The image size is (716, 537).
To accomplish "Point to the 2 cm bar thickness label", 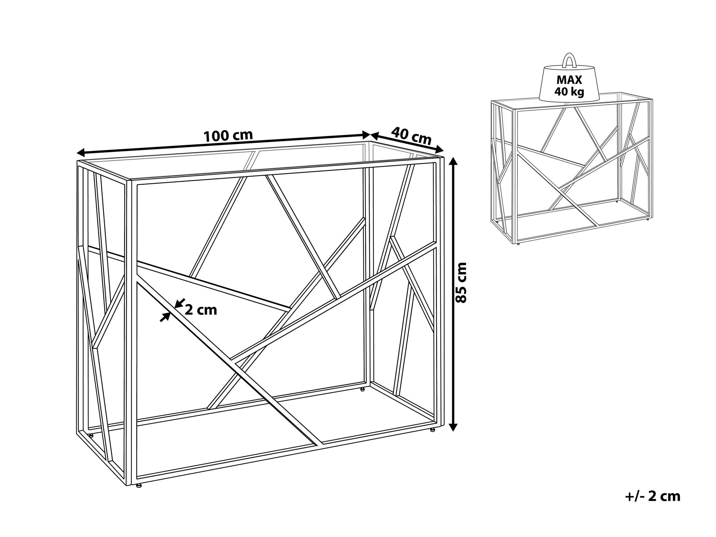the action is (x=201, y=310).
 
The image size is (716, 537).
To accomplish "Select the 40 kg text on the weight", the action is (x=569, y=92).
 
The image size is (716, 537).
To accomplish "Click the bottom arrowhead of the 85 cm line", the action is (x=454, y=425).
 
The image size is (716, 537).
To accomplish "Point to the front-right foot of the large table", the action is (x=432, y=430).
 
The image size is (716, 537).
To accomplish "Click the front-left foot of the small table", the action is (x=518, y=244).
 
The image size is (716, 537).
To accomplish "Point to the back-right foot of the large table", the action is (x=363, y=389).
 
